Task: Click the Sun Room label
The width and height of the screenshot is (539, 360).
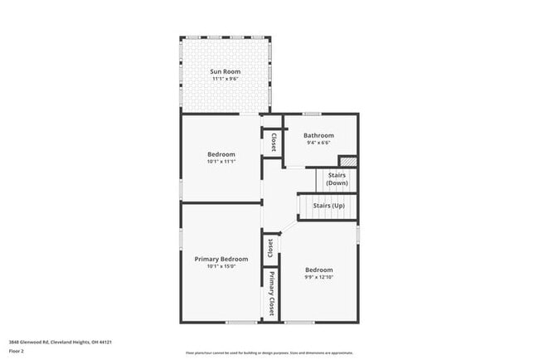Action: point(225,72)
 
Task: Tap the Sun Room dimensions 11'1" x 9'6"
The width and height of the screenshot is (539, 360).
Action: point(225,80)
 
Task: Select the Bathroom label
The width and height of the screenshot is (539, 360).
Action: point(318,135)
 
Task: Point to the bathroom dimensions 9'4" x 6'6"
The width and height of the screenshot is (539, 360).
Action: point(318,143)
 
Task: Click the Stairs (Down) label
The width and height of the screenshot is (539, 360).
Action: point(337,179)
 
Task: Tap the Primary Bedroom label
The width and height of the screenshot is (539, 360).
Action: point(221,259)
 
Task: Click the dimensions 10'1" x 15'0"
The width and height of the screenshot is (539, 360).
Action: point(221,266)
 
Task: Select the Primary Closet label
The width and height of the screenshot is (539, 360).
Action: point(271,293)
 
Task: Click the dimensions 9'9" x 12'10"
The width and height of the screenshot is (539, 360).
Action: point(319,277)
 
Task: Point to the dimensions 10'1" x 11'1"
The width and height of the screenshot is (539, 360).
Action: point(221,162)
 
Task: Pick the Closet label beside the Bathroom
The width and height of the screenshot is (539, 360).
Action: point(273,142)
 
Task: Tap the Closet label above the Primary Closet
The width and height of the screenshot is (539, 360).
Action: point(270,248)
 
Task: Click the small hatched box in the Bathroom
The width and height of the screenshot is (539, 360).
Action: point(348,162)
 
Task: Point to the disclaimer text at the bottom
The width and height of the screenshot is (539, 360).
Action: point(269,353)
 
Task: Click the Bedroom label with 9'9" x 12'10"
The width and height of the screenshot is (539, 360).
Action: point(319,270)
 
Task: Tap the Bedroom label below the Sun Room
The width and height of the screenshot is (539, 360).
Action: point(221,154)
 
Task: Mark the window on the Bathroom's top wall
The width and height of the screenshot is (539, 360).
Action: point(312,114)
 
